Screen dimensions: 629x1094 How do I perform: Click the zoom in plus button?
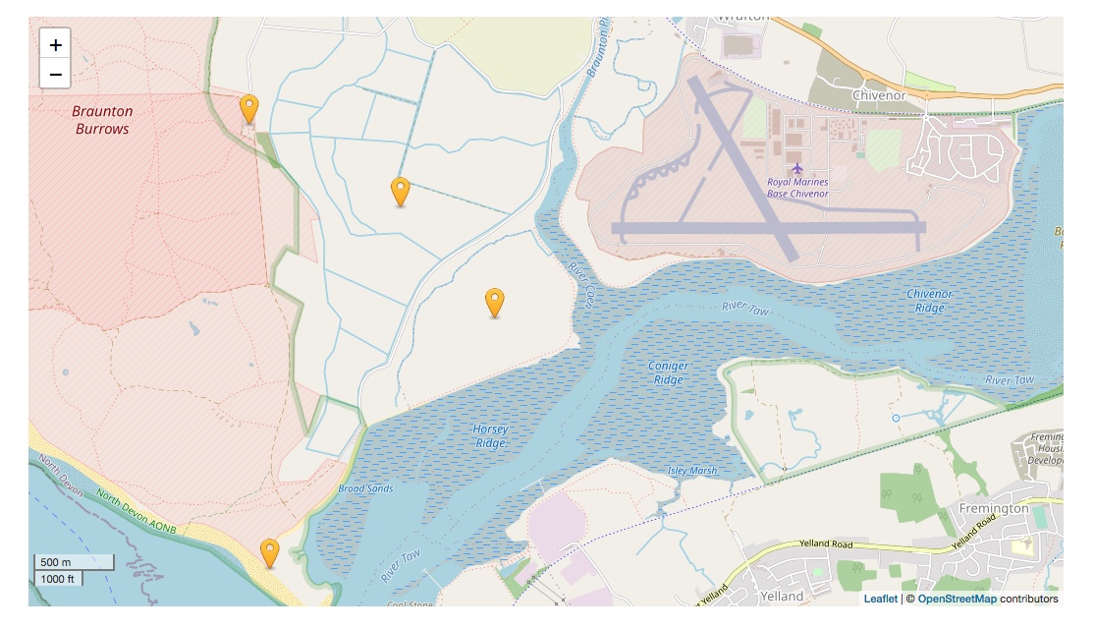pyautogui.click(x=55, y=44)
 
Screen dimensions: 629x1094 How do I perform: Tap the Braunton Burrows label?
pyautogui.click(x=101, y=120)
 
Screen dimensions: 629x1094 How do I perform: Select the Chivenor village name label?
pyautogui.click(x=879, y=95)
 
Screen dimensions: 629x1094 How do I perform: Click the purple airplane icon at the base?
pyautogui.click(x=796, y=169)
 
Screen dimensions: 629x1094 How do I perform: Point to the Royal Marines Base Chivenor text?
pyautogui.click(x=797, y=188)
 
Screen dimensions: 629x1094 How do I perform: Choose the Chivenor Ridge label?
pyautogui.click(x=929, y=301)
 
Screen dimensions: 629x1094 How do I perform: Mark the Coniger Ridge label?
pyautogui.click(x=668, y=372)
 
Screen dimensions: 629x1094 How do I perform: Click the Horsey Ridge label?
pyautogui.click(x=490, y=435)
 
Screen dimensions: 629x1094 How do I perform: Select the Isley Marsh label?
pyautogui.click(x=693, y=471)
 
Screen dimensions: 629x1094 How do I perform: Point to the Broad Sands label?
pyautogui.click(x=365, y=488)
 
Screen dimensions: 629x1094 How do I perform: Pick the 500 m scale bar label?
pyautogui.click(x=56, y=562)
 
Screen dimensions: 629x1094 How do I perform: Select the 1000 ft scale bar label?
pyautogui.click(x=58, y=579)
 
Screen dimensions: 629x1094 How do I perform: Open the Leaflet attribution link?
pyautogui.click(x=880, y=599)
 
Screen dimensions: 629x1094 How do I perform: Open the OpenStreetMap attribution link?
pyautogui.click(x=957, y=599)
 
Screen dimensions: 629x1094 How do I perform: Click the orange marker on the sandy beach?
pyautogui.click(x=269, y=553)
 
